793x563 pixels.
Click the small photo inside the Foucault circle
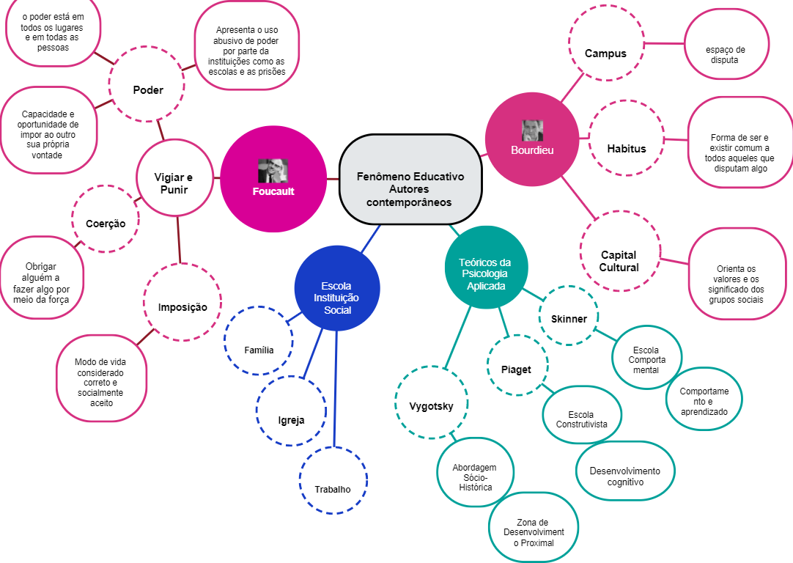tap(273, 171)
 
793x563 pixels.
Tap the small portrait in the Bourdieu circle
tap(532, 130)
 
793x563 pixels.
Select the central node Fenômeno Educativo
tap(410, 180)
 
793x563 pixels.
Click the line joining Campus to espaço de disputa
tap(662, 43)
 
